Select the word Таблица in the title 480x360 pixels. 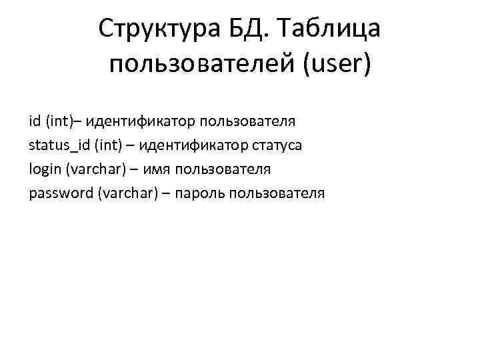331,30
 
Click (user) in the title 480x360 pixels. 340,65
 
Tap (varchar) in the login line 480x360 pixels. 95,169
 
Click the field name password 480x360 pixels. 61,193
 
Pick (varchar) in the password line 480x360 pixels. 126,193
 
